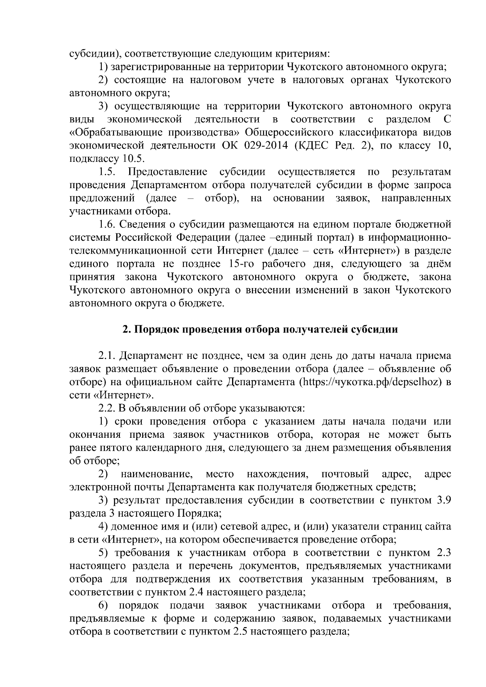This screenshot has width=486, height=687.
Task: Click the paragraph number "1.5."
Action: pyautogui.click(x=107, y=172)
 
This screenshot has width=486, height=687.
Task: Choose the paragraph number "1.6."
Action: pyautogui.click(x=107, y=225)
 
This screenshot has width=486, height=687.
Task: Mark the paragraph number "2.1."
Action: pyautogui.click(x=107, y=356)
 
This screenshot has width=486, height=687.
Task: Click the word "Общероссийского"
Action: pyautogui.click(x=290, y=132)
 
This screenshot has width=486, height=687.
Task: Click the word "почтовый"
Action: pyautogui.click(x=345, y=474)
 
